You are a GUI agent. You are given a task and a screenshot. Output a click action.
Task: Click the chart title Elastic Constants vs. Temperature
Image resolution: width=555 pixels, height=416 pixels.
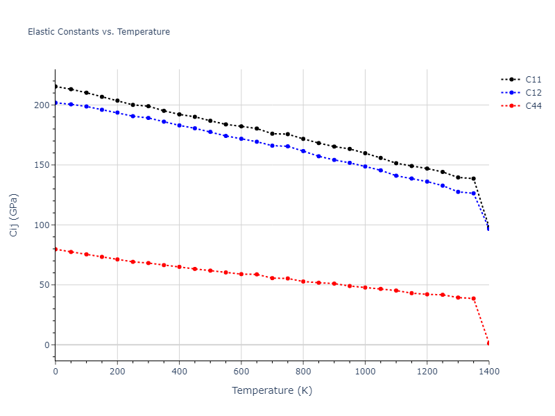click(99, 32)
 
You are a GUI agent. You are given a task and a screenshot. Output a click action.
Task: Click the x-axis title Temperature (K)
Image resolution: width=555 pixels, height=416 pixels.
click(272, 391)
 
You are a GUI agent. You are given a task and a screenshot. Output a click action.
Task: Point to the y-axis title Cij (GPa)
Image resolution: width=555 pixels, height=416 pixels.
click(15, 215)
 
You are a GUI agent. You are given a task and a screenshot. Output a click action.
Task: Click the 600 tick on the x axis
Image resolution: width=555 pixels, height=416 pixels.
click(241, 372)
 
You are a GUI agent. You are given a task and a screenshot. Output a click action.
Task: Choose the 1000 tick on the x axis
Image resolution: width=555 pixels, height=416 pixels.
click(365, 372)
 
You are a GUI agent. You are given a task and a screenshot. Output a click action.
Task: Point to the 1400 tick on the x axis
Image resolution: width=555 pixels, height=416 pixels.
click(488, 372)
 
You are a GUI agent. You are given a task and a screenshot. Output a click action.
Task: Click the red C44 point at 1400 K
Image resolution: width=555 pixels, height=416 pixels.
click(488, 343)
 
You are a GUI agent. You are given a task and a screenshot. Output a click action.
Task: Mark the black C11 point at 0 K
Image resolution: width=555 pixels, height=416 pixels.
click(55, 86)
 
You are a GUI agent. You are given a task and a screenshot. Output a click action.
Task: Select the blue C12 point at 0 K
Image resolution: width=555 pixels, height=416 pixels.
click(55, 103)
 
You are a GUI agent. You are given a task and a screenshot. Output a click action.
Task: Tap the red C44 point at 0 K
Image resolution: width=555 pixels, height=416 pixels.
click(55, 249)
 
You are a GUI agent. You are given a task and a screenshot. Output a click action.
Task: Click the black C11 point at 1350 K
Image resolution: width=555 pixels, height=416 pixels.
click(473, 178)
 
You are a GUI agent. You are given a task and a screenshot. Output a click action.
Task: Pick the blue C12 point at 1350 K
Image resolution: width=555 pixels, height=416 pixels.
click(473, 193)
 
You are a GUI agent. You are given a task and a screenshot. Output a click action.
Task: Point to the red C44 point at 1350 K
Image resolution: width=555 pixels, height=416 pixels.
click(473, 298)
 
